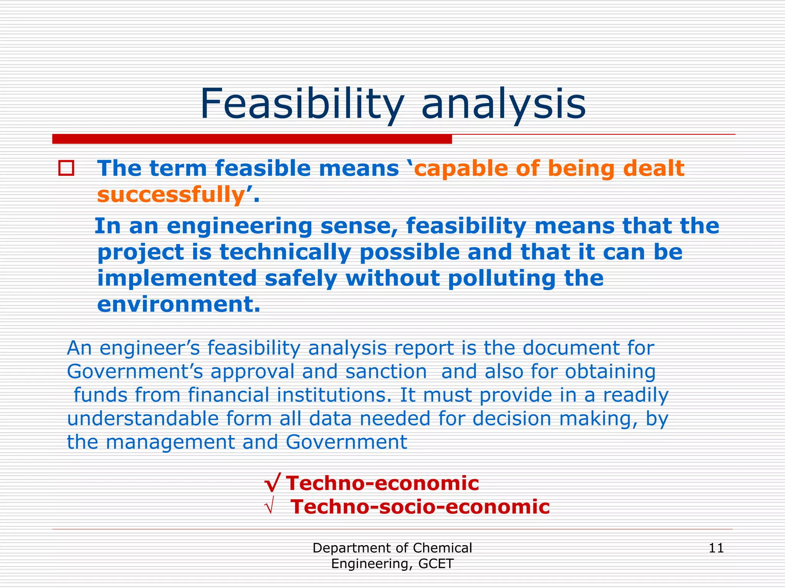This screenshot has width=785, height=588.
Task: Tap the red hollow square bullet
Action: click(x=66, y=168)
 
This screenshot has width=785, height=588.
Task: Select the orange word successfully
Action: click(x=171, y=195)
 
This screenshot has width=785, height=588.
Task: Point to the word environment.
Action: click(x=178, y=305)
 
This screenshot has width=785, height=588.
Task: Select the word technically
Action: click(x=285, y=252)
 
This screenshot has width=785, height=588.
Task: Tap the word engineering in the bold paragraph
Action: click(x=240, y=226)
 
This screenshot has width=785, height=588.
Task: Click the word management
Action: click(x=170, y=442)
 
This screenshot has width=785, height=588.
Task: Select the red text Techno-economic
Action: click(x=382, y=483)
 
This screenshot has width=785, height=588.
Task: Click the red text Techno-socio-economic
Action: click(x=420, y=507)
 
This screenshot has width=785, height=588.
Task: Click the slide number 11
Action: click(x=716, y=548)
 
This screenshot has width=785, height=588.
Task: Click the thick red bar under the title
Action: click(x=252, y=139)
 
